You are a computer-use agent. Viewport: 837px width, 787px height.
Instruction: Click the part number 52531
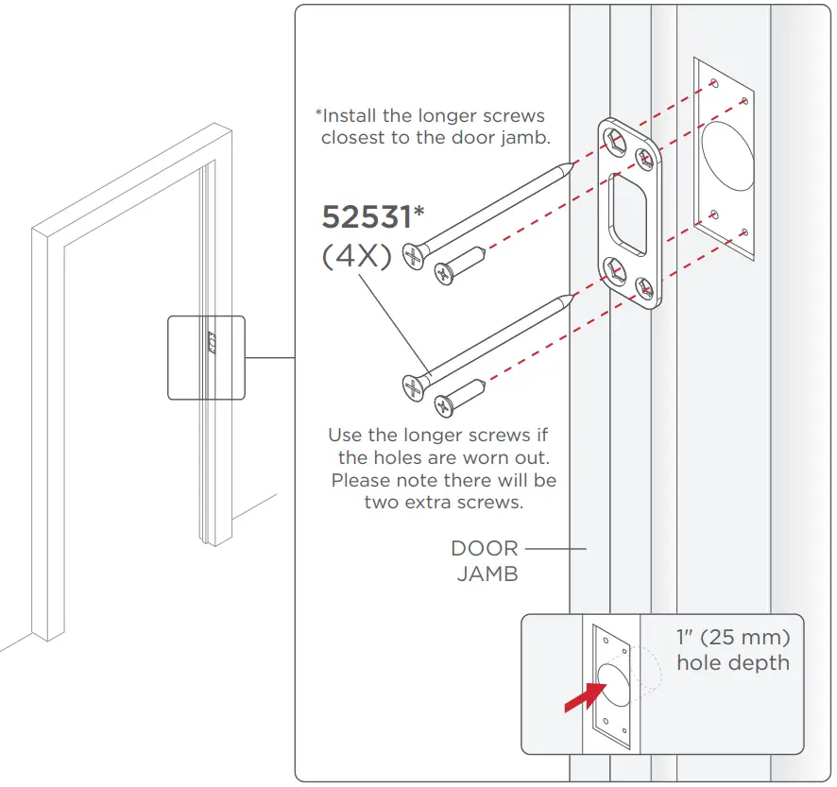[x=367, y=217]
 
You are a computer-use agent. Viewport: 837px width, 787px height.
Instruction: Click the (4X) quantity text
[x=357, y=256]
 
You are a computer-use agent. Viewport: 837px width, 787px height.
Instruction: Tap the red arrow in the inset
[x=583, y=698]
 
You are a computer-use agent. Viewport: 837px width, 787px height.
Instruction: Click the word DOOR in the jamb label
[x=485, y=548]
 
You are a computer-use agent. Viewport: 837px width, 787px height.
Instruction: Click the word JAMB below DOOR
[x=487, y=573]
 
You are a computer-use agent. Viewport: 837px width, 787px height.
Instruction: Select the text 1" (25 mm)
[x=733, y=636]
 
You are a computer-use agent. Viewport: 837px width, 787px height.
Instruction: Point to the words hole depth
[x=733, y=662]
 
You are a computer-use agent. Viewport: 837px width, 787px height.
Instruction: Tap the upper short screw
[x=459, y=264]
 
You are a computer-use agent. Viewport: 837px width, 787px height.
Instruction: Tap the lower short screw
[x=459, y=396]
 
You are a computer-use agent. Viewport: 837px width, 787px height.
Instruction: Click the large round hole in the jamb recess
[x=726, y=156]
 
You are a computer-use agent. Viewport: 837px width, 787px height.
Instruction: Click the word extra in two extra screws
[x=435, y=502]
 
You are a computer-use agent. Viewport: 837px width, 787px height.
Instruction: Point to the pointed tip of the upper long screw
[x=570, y=165]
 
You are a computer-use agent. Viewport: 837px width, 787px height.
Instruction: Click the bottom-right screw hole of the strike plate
[x=646, y=287]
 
